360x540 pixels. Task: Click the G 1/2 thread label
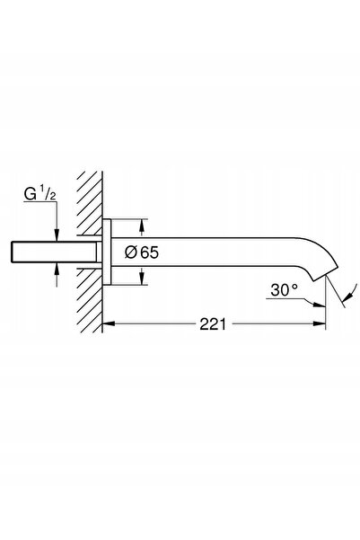[40, 195]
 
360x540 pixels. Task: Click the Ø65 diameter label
[142, 252]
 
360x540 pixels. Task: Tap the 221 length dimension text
[213, 324]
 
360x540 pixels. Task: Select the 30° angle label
[284, 290]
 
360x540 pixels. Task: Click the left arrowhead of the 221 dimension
[109, 323]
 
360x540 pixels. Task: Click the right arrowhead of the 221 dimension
[319, 323]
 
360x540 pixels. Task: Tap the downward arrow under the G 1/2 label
[57, 234]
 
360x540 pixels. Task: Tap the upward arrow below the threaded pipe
[57, 269]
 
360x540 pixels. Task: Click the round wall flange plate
[107, 252]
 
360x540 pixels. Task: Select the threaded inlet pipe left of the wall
[54, 252]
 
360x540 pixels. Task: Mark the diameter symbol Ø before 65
[131, 252]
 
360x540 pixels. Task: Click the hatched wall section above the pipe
[90, 203]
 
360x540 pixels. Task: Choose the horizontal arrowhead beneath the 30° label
[319, 304]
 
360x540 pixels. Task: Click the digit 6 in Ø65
[145, 252]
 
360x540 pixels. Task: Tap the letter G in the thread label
[30, 195]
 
